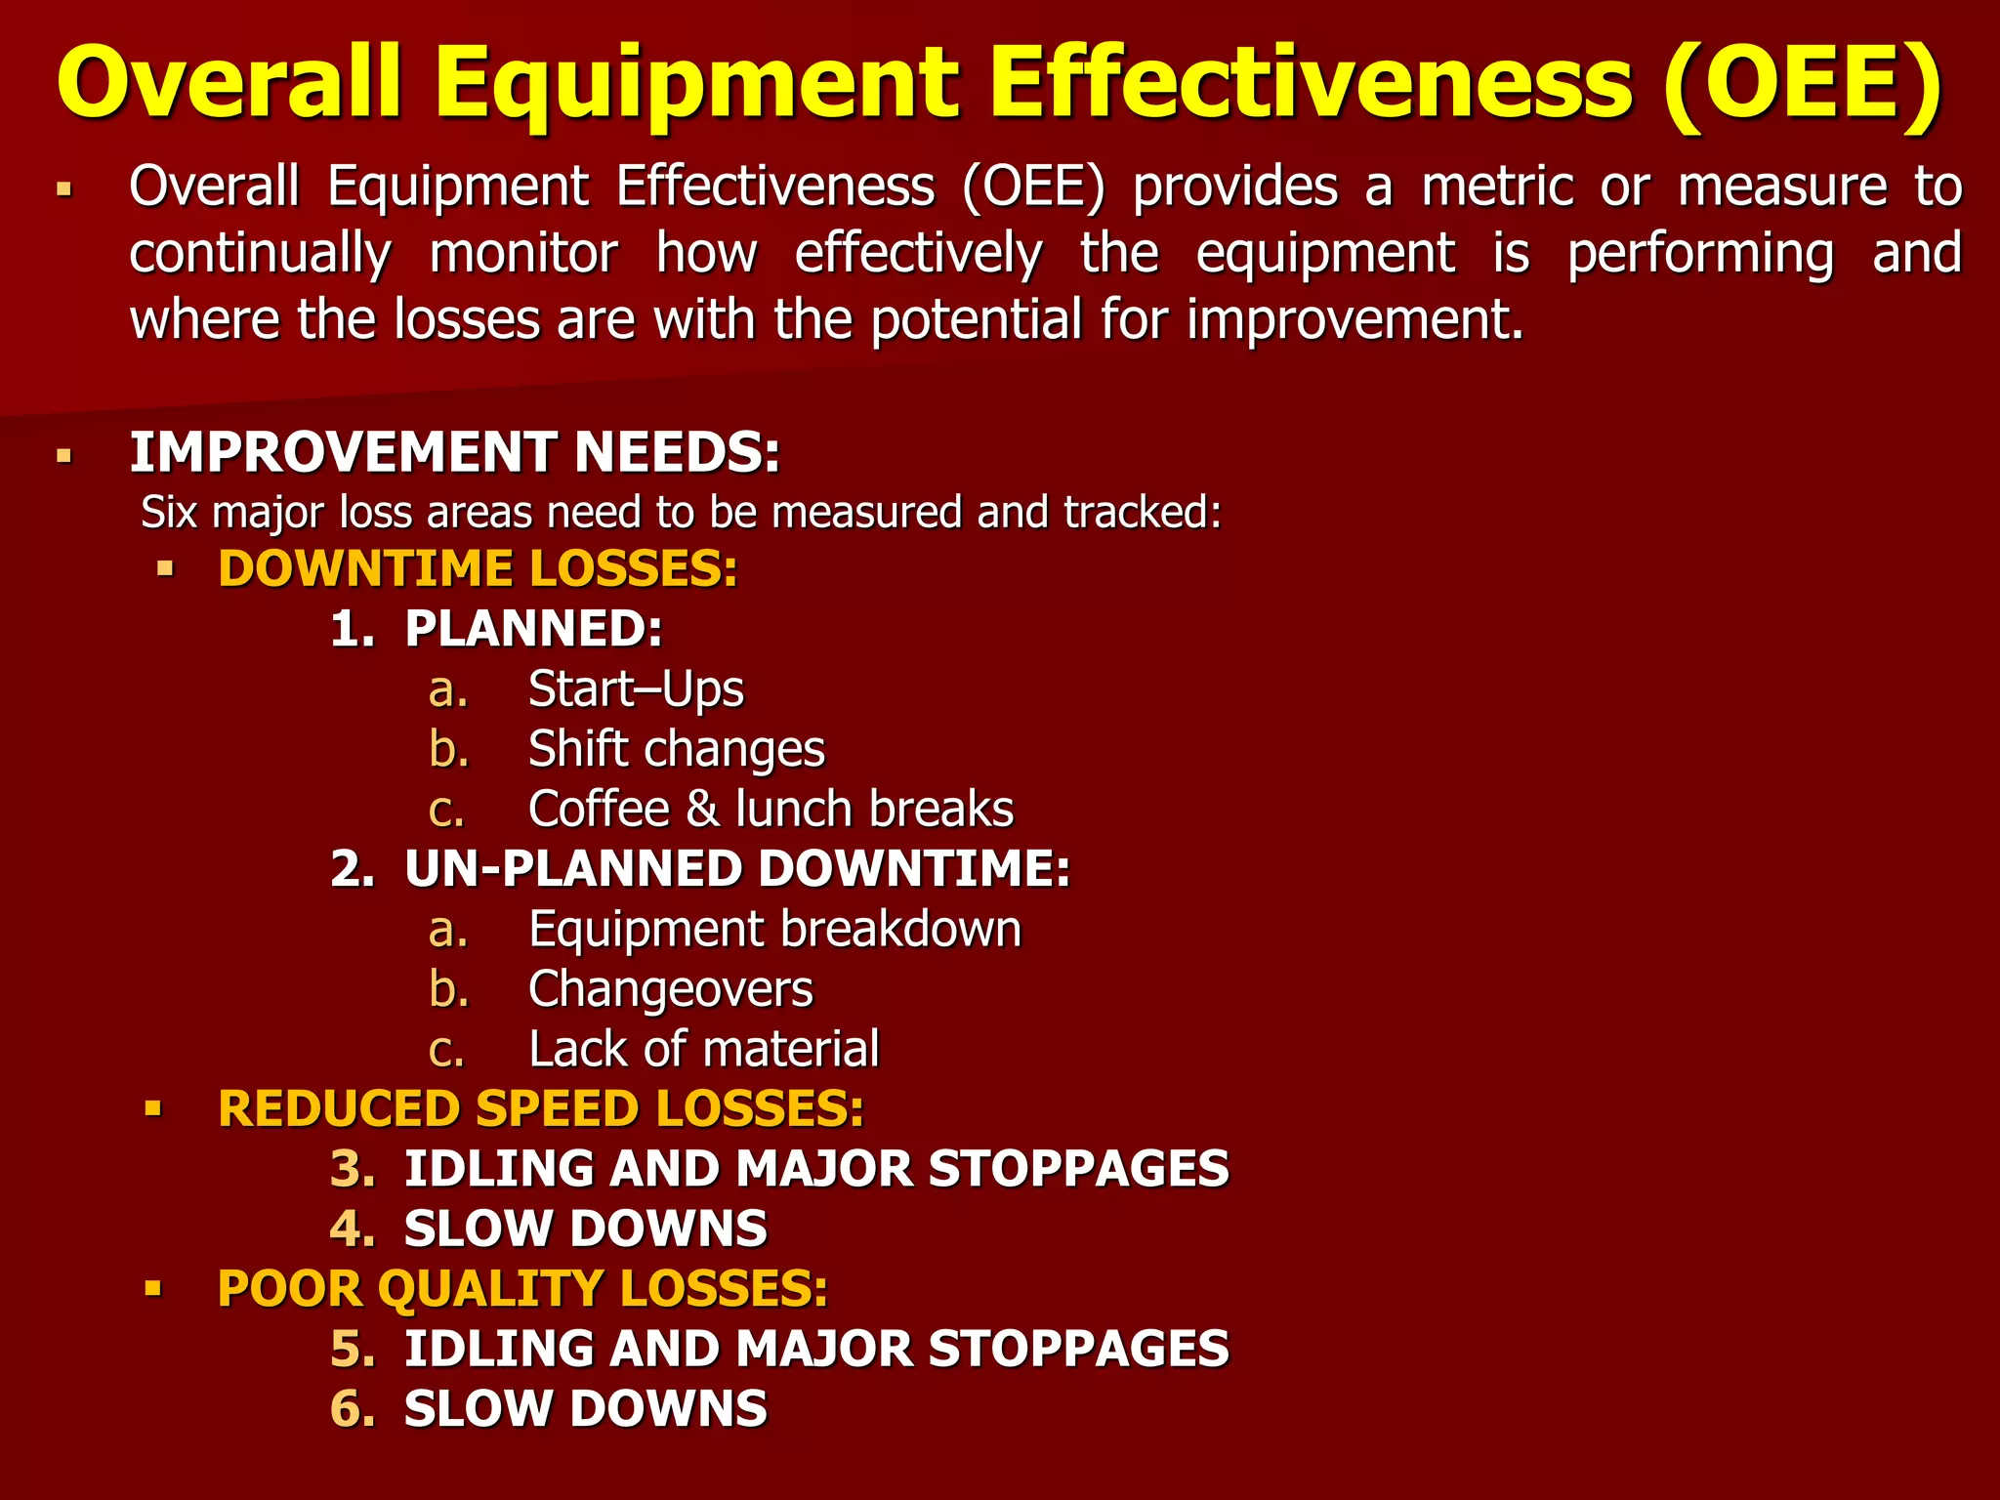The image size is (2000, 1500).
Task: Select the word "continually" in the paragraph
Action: [x=260, y=254]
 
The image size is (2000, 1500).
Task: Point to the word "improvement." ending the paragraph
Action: [x=1354, y=319]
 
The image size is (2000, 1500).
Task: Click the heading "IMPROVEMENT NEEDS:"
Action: [x=455, y=453]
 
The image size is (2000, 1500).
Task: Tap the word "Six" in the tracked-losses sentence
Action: [x=169, y=513]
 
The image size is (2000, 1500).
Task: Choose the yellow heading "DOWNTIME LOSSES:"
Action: [x=478, y=569]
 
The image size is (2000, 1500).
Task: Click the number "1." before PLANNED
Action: [x=353, y=628]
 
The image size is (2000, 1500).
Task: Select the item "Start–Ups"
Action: [x=636, y=689]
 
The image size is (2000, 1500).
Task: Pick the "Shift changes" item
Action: [x=676, y=749]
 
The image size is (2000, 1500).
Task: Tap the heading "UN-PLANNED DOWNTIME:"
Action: [x=736, y=869]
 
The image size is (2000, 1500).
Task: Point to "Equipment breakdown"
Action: [x=774, y=929]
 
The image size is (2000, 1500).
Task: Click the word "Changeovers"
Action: [x=670, y=989]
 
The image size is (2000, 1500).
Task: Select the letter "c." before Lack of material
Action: [x=446, y=1051]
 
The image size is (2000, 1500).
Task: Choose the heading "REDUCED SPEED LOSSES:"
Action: [x=541, y=1109]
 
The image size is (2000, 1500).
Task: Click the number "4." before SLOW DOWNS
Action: [x=353, y=1229]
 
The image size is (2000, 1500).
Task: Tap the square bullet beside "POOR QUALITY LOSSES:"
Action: [x=152, y=1289]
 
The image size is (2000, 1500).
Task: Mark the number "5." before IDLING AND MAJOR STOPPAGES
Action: [x=353, y=1349]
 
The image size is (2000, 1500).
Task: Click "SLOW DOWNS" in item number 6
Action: [x=586, y=1409]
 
